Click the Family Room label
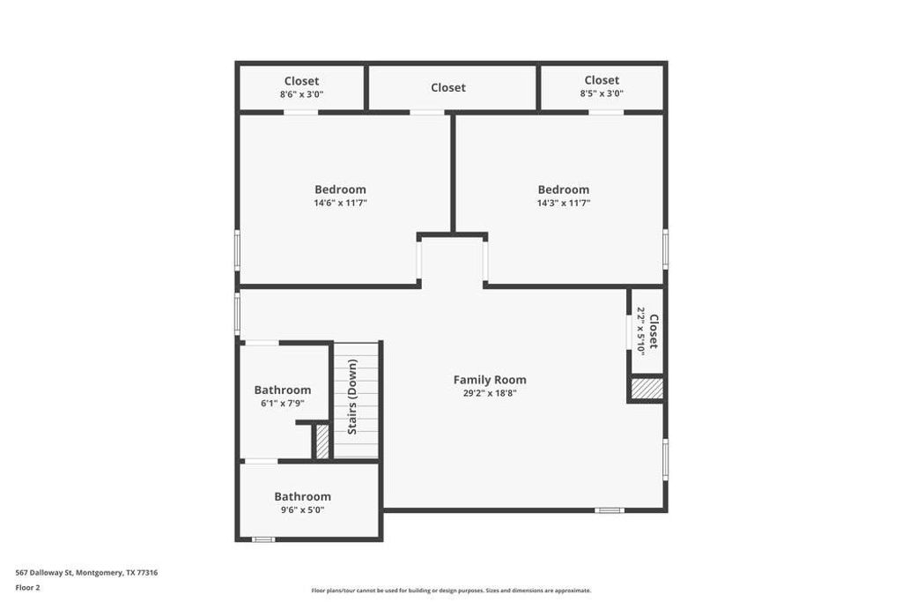tap(490, 380)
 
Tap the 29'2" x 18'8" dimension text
tap(490, 393)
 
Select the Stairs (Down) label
tap(352, 397)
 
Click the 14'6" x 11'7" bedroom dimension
tap(340, 203)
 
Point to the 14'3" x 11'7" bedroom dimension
tap(564, 203)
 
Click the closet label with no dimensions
tap(448, 87)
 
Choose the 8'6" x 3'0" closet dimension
tap(301, 93)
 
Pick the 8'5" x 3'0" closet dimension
tap(602, 93)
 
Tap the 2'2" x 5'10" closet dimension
tap(641, 331)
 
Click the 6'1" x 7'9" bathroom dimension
tap(282, 403)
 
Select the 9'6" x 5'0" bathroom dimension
tap(302, 509)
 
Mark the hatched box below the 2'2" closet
tap(647, 389)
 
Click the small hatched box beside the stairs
tap(322, 441)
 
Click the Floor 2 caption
tap(29, 587)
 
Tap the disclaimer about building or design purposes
tap(451, 591)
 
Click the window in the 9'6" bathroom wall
tap(262, 539)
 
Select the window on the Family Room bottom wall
tap(609, 510)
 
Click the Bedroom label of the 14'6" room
tap(340, 190)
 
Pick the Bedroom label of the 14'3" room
tap(564, 190)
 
